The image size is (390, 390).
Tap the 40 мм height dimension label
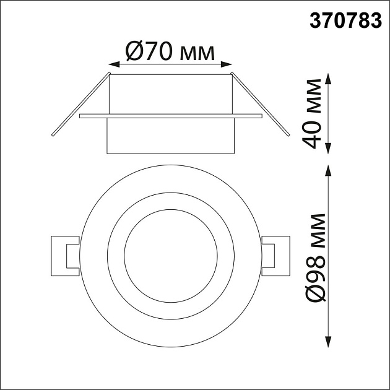314,113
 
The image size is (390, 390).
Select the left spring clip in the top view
64,255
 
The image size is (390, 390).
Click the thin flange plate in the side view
170,116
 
